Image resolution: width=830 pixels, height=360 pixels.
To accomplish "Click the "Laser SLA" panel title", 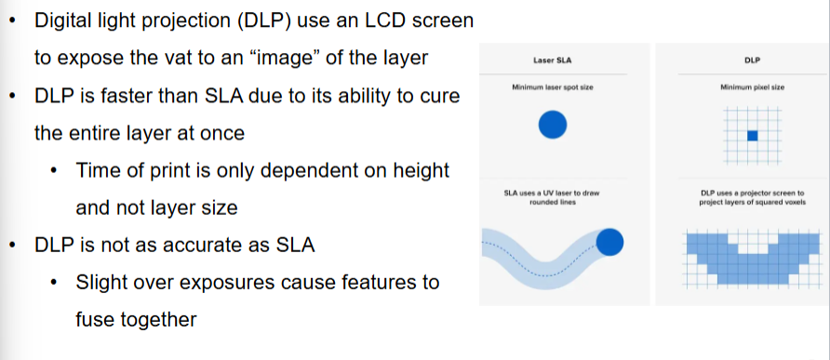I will (x=553, y=60).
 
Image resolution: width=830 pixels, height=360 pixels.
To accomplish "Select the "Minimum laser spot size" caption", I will (x=553, y=87).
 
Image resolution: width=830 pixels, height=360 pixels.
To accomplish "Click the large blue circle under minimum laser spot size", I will (x=553, y=124).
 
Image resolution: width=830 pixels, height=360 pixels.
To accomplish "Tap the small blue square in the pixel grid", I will (x=753, y=136).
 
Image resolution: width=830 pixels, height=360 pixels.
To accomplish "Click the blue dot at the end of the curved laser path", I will (x=609, y=243).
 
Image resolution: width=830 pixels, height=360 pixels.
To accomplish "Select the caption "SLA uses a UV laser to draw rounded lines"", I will (x=553, y=197).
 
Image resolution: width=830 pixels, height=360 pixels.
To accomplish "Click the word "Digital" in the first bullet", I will (x=66, y=20).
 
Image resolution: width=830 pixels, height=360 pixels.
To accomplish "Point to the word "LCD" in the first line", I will (x=384, y=20).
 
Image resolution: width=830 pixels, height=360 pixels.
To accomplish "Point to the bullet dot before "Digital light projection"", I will (x=12, y=20).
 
